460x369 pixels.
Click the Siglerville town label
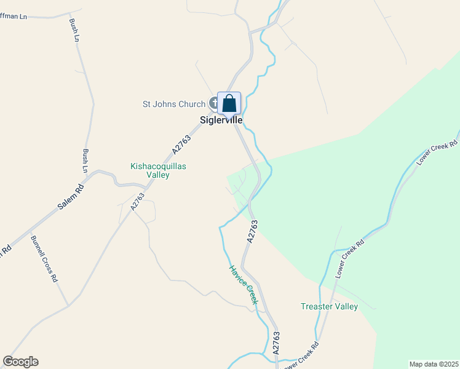(x=220, y=121)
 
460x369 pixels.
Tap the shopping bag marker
(x=229, y=103)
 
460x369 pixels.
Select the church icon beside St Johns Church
(x=213, y=103)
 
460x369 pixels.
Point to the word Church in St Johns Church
(x=192, y=104)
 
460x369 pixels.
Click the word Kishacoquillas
(x=158, y=166)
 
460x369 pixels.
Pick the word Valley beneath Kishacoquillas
(x=157, y=175)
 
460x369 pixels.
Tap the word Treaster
(x=317, y=306)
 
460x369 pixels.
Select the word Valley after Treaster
(x=346, y=306)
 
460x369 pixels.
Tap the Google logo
(x=20, y=362)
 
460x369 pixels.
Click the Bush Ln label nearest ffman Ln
(x=73, y=30)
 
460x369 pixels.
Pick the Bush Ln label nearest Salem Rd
(x=85, y=161)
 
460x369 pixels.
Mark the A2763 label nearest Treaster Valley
(x=276, y=343)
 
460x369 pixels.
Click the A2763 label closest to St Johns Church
(x=182, y=144)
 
